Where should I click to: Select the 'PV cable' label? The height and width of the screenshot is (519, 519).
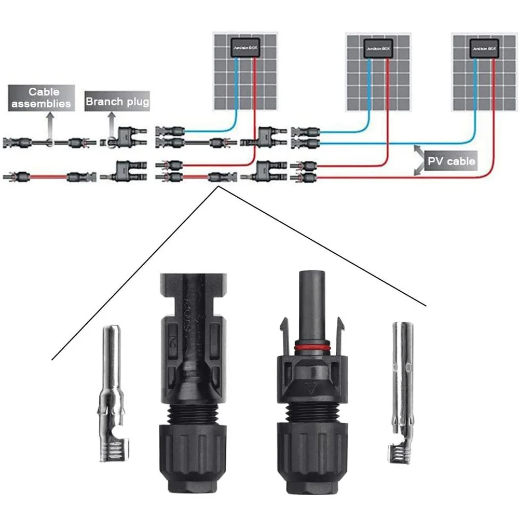tap(451, 161)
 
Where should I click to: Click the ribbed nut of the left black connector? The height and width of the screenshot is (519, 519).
tap(191, 457)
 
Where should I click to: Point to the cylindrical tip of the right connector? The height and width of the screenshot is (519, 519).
tap(311, 296)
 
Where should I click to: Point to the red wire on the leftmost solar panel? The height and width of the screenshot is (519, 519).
tap(255, 93)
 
